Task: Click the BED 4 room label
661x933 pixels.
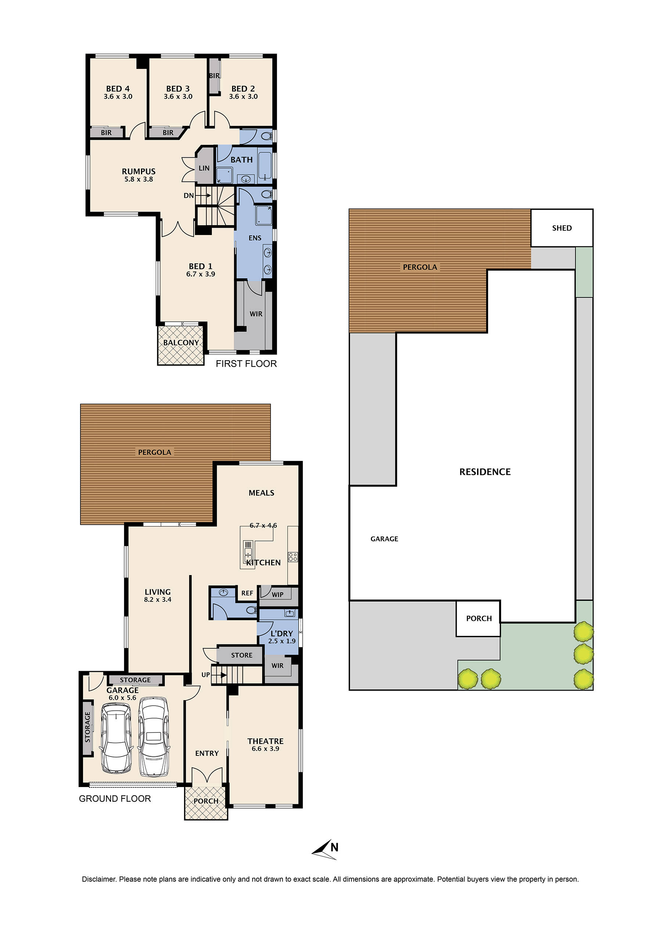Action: [x=118, y=89]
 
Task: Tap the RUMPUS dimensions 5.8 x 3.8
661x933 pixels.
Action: [x=138, y=179]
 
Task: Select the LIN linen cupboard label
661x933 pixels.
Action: [x=204, y=168]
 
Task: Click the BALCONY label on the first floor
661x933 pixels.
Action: [x=181, y=343]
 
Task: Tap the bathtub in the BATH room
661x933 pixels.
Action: [x=265, y=166]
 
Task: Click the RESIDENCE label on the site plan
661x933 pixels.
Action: [x=484, y=472]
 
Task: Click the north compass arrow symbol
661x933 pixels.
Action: [x=325, y=850]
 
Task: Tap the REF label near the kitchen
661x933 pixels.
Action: [x=247, y=593]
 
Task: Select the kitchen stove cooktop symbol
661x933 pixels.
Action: [x=293, y=557]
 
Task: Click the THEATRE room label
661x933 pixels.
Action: [x=265, y=741]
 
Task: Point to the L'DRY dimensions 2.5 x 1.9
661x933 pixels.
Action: [x=282, y=641]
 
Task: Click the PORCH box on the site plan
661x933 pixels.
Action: [x=478, y=618]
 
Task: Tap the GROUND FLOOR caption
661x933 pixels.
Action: [x=115, y=799]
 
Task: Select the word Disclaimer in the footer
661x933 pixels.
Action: [x=99, y=879]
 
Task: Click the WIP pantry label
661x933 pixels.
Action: [x=277, y=594]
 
